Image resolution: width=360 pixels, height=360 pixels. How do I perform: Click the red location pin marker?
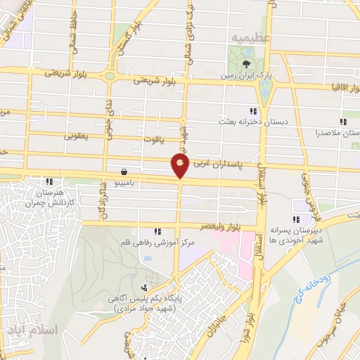180,166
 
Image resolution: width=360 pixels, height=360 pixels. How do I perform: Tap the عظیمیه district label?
244,36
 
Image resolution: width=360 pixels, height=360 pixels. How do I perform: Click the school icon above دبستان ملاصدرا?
343,122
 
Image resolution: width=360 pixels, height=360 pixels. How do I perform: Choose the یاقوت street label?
150,141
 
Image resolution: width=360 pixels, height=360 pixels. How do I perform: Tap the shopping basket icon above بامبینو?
124,171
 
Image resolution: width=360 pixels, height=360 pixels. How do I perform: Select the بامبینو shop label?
130,181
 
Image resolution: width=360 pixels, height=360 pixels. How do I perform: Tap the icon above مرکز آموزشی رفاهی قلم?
158,231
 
